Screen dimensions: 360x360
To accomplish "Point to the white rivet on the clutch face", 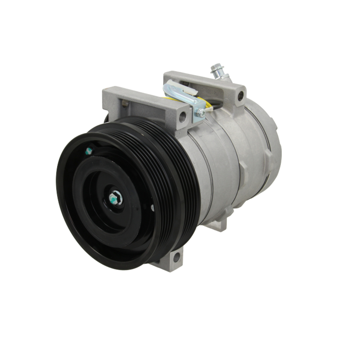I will point(152,208).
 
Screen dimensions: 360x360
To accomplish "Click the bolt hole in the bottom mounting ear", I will point(176,257).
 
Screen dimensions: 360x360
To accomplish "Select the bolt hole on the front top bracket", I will point(183,116).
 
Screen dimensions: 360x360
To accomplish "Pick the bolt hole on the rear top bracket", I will point(240,96).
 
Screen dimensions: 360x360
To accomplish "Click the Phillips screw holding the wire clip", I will point(201,113).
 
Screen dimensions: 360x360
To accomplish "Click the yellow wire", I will point(208,103).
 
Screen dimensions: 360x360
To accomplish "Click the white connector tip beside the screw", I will point(209,110).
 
